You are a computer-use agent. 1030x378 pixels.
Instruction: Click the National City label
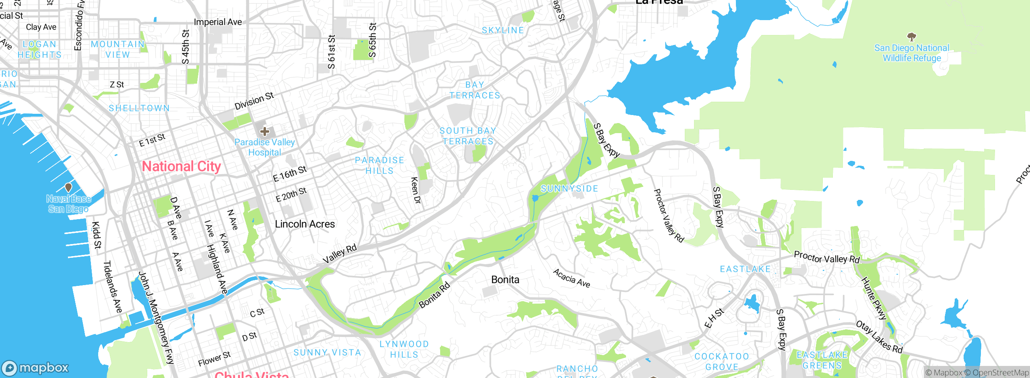[181, 166]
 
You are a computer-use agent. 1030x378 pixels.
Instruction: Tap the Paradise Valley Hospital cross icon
[265, 131]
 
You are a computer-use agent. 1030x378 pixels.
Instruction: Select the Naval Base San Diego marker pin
[68, 187]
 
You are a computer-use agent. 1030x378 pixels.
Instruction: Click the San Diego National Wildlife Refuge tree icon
[911, 37]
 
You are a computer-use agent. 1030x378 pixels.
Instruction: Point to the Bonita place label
[505, 279]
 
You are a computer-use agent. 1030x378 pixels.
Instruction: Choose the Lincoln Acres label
[305, 224]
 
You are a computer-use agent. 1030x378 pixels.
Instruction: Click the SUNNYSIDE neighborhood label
[569, 189]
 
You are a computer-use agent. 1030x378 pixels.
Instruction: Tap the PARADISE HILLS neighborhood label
[379, 166]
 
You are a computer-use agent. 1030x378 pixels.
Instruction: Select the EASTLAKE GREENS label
[822, 360]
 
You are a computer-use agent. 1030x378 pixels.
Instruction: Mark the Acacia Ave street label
[571, 278]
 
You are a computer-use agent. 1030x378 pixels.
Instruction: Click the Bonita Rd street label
[435, 296]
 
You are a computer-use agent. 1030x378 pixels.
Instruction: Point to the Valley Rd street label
[340, 254]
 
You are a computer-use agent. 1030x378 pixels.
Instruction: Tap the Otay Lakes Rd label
[879, 337]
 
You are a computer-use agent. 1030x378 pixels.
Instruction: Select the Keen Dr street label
[416, 191]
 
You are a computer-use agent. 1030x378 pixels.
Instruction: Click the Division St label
[254, 101]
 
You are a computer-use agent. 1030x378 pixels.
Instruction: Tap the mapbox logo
[35, 368]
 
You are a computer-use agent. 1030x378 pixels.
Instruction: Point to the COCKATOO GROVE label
[722, 362]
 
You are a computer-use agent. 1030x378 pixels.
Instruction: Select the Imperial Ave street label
[218, 22]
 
